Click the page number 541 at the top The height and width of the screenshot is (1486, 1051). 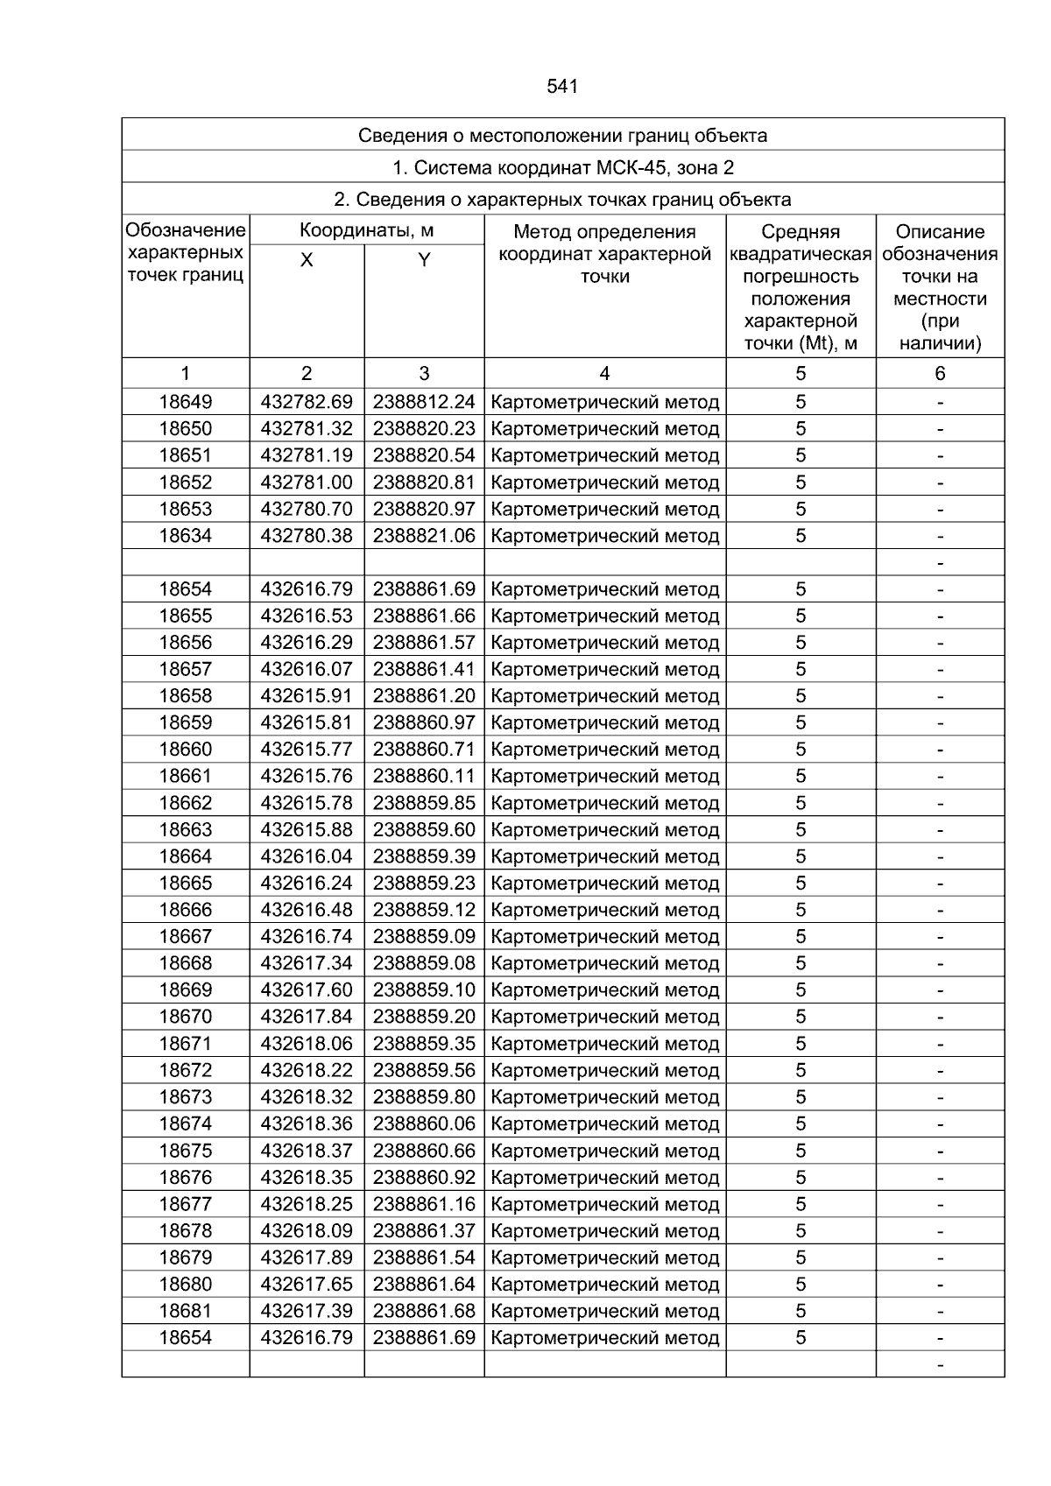(562, 87)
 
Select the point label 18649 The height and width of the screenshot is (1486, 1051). (186, 402)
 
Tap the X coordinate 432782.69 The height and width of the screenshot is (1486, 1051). (307, 402)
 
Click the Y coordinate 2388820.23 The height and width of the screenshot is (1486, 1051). (424, 429)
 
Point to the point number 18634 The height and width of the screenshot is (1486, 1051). (186, 536)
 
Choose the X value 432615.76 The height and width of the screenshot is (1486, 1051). (307, 777)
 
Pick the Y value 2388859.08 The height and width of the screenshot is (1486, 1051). (424, 963)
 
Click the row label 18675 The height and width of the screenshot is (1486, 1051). (186, 1151)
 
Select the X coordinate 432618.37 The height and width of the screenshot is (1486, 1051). (307, 1151)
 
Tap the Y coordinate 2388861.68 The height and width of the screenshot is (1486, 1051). (424, 1311)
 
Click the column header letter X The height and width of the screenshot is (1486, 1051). (307, 260)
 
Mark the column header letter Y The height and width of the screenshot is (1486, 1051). (424, 260)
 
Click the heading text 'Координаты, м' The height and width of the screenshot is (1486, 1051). (367, 231)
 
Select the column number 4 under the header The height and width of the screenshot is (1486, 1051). (604, 374)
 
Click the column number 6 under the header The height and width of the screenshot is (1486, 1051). (940, 374)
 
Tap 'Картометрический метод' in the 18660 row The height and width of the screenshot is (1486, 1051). (605, 750)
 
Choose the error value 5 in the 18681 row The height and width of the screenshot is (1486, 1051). (801, 1311)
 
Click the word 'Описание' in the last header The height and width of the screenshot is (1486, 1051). (940, 232)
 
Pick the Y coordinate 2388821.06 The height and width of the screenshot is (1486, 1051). (424, 536)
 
